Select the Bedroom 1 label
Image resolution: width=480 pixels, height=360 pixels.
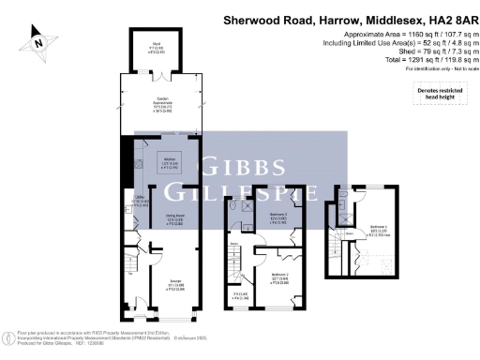tap(378, 228)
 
